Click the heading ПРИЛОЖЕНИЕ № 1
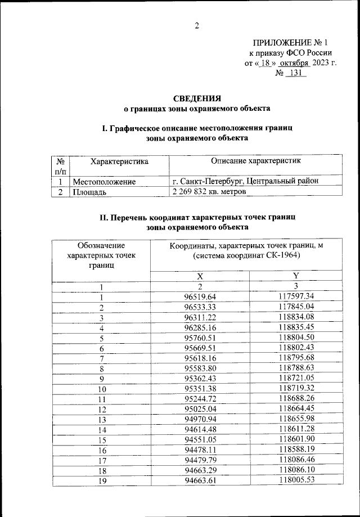[x=290, y=42]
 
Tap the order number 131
[x=296, y=73]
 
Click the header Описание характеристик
[x=255, y=161]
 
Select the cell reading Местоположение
[x=104, y=182]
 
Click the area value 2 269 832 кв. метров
[x=209, y=192]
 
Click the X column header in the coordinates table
[x=200, y=276]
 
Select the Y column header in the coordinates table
[x=296, y=276]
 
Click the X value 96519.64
[x=200, y=296]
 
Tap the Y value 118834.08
[x=296, y=317]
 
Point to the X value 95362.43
[x=200, y=378]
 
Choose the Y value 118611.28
[x=296, y=429]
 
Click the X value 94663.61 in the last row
[x=200, y=480]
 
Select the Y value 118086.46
[x=296, y=460]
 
